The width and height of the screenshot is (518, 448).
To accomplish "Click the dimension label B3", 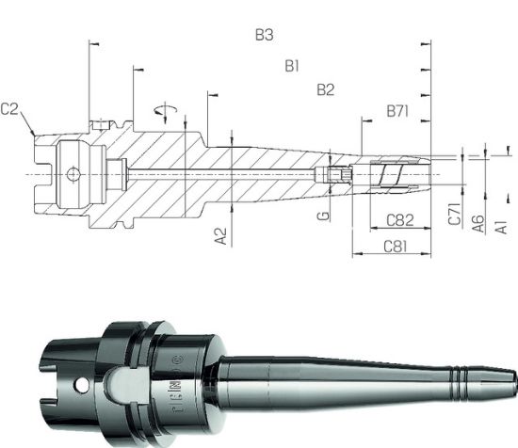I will click(265, 36).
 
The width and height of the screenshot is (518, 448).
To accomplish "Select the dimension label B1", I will click(292, 66).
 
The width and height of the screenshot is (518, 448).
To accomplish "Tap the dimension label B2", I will click(326, 90).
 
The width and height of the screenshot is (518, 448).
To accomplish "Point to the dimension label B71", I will click(397, 112).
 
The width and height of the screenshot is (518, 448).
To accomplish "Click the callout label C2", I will click(11, 109).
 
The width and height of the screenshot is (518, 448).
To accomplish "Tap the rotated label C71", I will click(454, 216).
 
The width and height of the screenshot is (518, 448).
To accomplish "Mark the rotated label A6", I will click(478, 222).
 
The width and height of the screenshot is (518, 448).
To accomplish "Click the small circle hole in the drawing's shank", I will click(73, 173).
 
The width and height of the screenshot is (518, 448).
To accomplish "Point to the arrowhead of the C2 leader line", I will click(35, 135).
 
